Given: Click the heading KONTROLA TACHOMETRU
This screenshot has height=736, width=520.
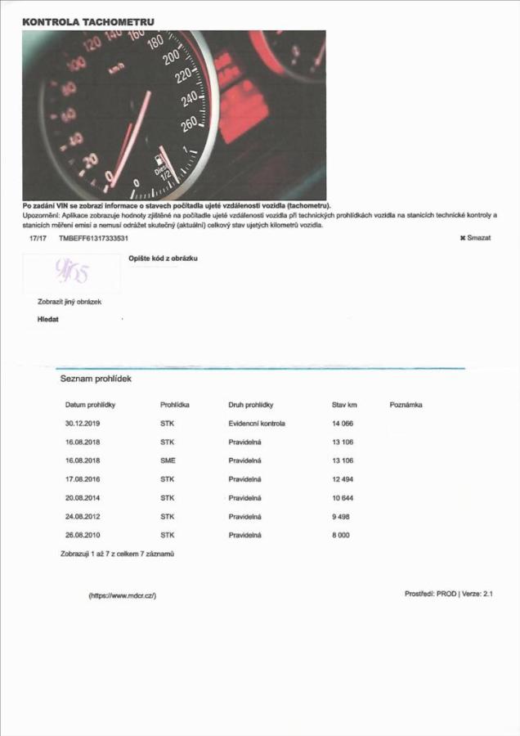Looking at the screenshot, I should point(78,21).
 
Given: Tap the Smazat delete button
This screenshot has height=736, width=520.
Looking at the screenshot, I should point(475,237).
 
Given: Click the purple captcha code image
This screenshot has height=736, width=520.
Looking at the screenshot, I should point(71,272).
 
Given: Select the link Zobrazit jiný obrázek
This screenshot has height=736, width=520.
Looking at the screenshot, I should point(69,302).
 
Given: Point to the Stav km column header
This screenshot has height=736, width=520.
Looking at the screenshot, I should point(345,405).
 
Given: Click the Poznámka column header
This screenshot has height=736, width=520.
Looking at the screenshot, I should point(406,405).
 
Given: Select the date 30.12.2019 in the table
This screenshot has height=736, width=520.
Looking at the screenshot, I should point(82,424).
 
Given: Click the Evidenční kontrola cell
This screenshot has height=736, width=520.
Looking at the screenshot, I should point(257,424).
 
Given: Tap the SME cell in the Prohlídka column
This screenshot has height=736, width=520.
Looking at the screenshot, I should point(168,460).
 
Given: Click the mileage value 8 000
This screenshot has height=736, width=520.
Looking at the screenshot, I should point(340,534).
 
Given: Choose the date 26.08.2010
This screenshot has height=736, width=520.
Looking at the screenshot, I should point(82,534).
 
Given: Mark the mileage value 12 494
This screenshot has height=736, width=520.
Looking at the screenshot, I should point(342,479).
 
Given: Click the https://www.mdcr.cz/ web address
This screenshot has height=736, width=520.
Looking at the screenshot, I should point(122,595).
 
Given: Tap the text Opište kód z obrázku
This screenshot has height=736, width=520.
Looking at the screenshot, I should point(164,258).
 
